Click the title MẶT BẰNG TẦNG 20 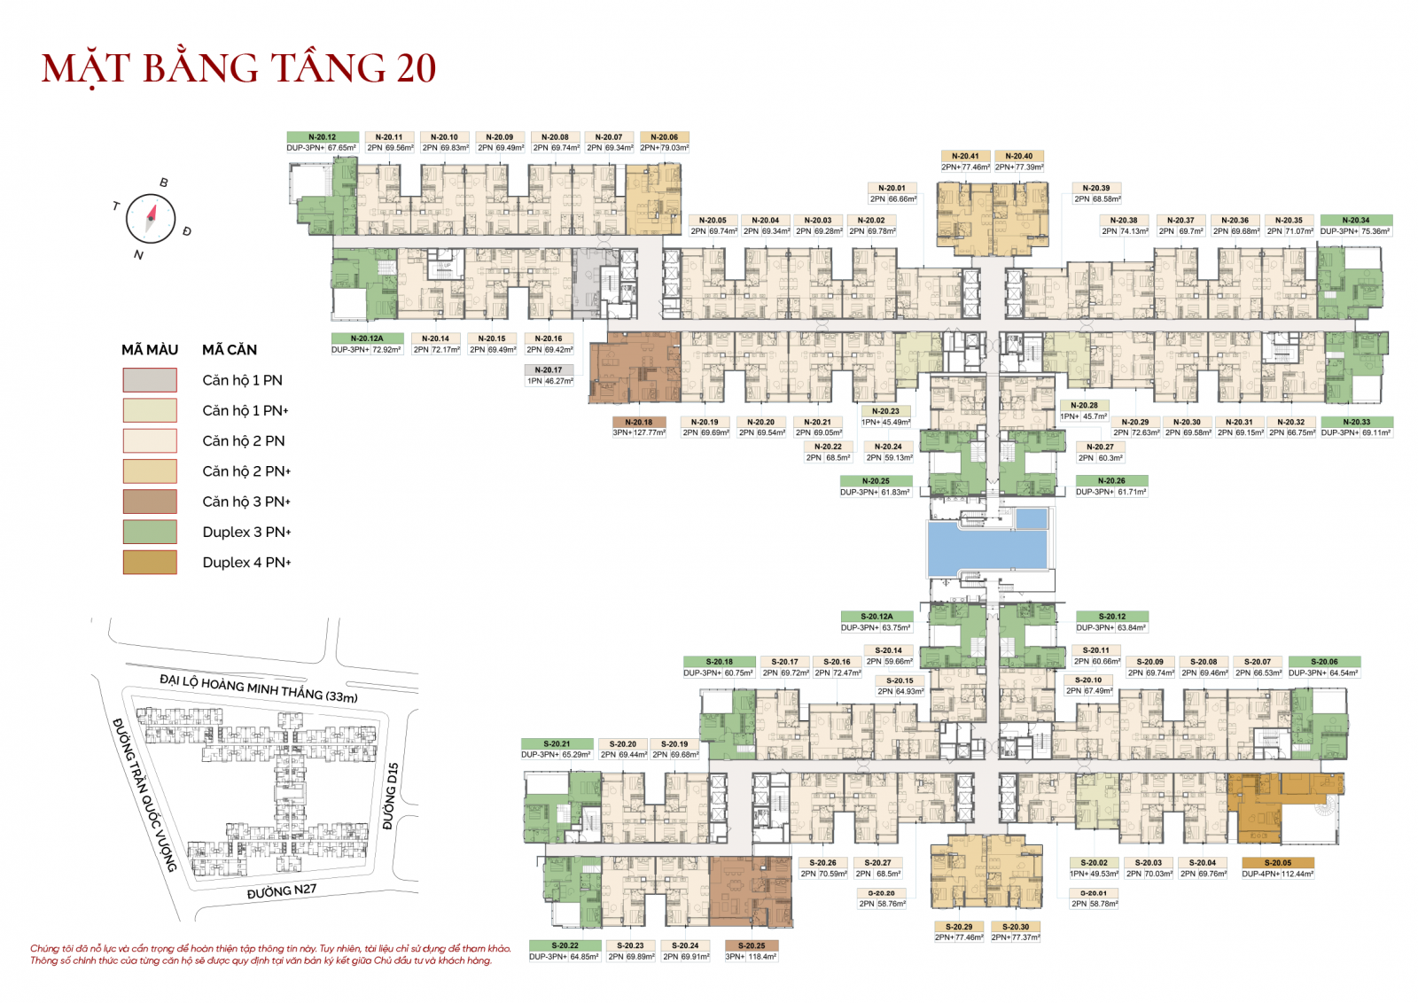[238, 69]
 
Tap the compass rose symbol [151, 218]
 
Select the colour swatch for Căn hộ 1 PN [150, 380]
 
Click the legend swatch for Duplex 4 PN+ [150, 563]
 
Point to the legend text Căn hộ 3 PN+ [246, 501]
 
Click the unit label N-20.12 [322, 137]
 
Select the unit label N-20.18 [638, 423]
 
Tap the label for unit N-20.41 [965, 156]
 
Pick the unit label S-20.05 [1277, 863]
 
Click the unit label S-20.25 [751, 946]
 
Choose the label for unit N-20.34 [1355, 221]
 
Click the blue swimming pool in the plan [986, 546]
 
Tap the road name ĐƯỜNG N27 [281, 891]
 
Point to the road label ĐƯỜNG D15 [391, 796]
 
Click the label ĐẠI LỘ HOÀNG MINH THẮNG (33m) [259, 688]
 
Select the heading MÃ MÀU [150, 350]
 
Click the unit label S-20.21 [557, 744]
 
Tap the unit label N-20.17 [549, 370]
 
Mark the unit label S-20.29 [958, 927]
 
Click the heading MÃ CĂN [230, 350]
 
